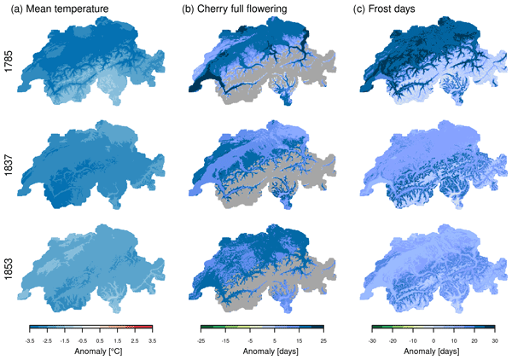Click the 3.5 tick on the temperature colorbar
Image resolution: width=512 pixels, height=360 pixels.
click(150, 339)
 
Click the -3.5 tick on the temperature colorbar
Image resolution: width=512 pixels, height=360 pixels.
click(30, 339)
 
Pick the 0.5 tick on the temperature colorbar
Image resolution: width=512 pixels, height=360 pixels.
click(99, 339)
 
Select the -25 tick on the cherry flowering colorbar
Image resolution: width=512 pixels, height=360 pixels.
click(203, 339)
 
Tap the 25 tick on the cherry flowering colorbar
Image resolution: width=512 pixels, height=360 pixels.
click(323, 339)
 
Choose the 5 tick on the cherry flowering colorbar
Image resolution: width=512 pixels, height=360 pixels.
click(276, 339)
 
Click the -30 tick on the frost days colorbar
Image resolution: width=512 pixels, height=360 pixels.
click(374, 339)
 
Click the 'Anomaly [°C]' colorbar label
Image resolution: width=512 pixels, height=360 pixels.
click(90, 351)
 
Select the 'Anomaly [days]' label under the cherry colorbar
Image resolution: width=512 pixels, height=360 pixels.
click(263, 351)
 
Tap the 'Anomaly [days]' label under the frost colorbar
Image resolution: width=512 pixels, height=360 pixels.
click(433, 351)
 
